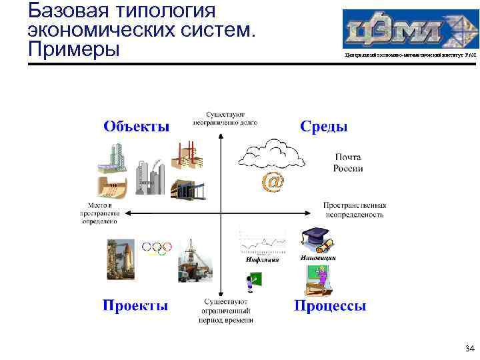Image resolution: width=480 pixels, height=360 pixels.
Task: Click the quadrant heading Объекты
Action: [x=136, y=127]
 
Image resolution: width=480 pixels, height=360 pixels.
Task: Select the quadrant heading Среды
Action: [x=323, y=127]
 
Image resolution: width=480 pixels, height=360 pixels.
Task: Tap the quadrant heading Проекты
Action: [x=135, y=305]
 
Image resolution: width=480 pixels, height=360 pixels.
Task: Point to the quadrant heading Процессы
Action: [x=330, y=305]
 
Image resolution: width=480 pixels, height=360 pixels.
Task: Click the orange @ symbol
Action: [x=272, y=181]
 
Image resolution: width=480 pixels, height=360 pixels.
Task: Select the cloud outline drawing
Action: [x=271, y=155]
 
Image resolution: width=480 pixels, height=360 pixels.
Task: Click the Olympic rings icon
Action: [x=158, y=248]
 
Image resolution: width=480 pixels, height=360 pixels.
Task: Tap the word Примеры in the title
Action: [x=73, y=49]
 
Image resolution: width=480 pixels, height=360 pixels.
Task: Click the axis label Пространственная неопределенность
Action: [x=354, y=210]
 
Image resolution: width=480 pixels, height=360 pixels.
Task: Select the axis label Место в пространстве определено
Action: [x=103, y=213]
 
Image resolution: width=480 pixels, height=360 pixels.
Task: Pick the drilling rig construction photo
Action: [x=195, y=260]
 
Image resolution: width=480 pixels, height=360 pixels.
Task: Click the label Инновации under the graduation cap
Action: [x=318, y=257]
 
